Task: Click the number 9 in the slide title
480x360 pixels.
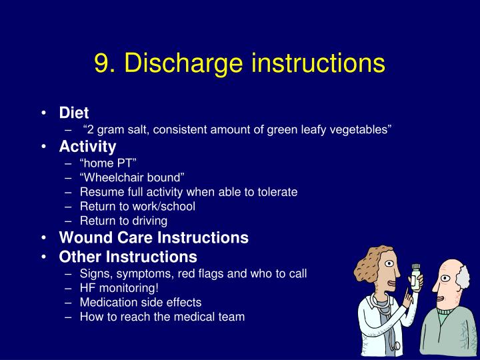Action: point(102,63)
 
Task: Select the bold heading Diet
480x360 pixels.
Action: point(74,113)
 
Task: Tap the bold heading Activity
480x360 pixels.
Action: point(87,146)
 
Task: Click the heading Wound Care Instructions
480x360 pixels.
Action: point(154,237)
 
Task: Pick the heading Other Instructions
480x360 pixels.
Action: point(128,257)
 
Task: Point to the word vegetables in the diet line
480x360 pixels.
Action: point(360,129)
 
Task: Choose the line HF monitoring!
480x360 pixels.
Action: point(119,287)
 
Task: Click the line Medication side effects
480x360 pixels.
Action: point(141,302)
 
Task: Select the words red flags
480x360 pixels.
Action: point(215,273)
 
